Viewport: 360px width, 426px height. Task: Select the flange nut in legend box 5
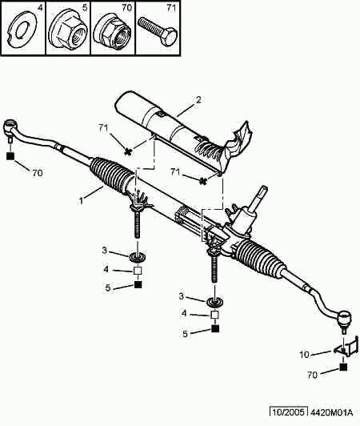68,30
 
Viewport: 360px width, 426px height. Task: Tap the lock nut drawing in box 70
112,30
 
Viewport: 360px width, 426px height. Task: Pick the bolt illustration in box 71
158,31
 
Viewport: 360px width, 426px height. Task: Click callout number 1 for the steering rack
81,201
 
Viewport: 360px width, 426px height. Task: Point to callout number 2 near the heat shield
198,100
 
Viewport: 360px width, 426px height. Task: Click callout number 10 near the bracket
304,355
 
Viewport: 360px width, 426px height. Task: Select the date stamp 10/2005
289,412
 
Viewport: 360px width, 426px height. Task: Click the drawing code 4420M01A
331,412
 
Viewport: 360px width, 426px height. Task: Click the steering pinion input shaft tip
263,189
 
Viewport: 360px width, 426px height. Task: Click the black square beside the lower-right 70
343,367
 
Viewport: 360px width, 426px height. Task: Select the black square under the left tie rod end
10,156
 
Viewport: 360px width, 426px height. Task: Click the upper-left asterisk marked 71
127,151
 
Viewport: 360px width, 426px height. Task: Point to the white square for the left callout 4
138,271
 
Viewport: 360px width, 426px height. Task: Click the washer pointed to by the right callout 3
215,302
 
